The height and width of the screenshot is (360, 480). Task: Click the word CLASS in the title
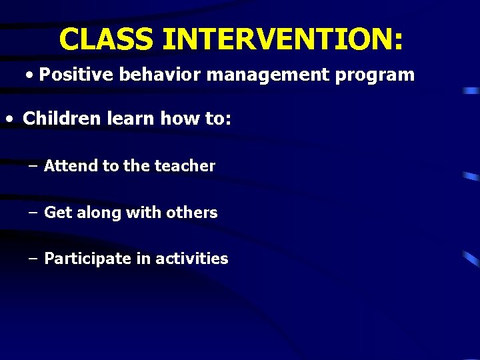pyautogui.click(x=107, y=39)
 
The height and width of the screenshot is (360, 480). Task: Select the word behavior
pyautogui.click(x=159, y=75)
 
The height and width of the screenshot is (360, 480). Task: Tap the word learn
pyautogui.click(x=125, y=119)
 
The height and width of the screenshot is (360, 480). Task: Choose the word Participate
pyautogui.click(x=88, y=259)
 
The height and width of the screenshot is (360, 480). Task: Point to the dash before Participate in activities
pyautogui.click(x=33, y=259)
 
